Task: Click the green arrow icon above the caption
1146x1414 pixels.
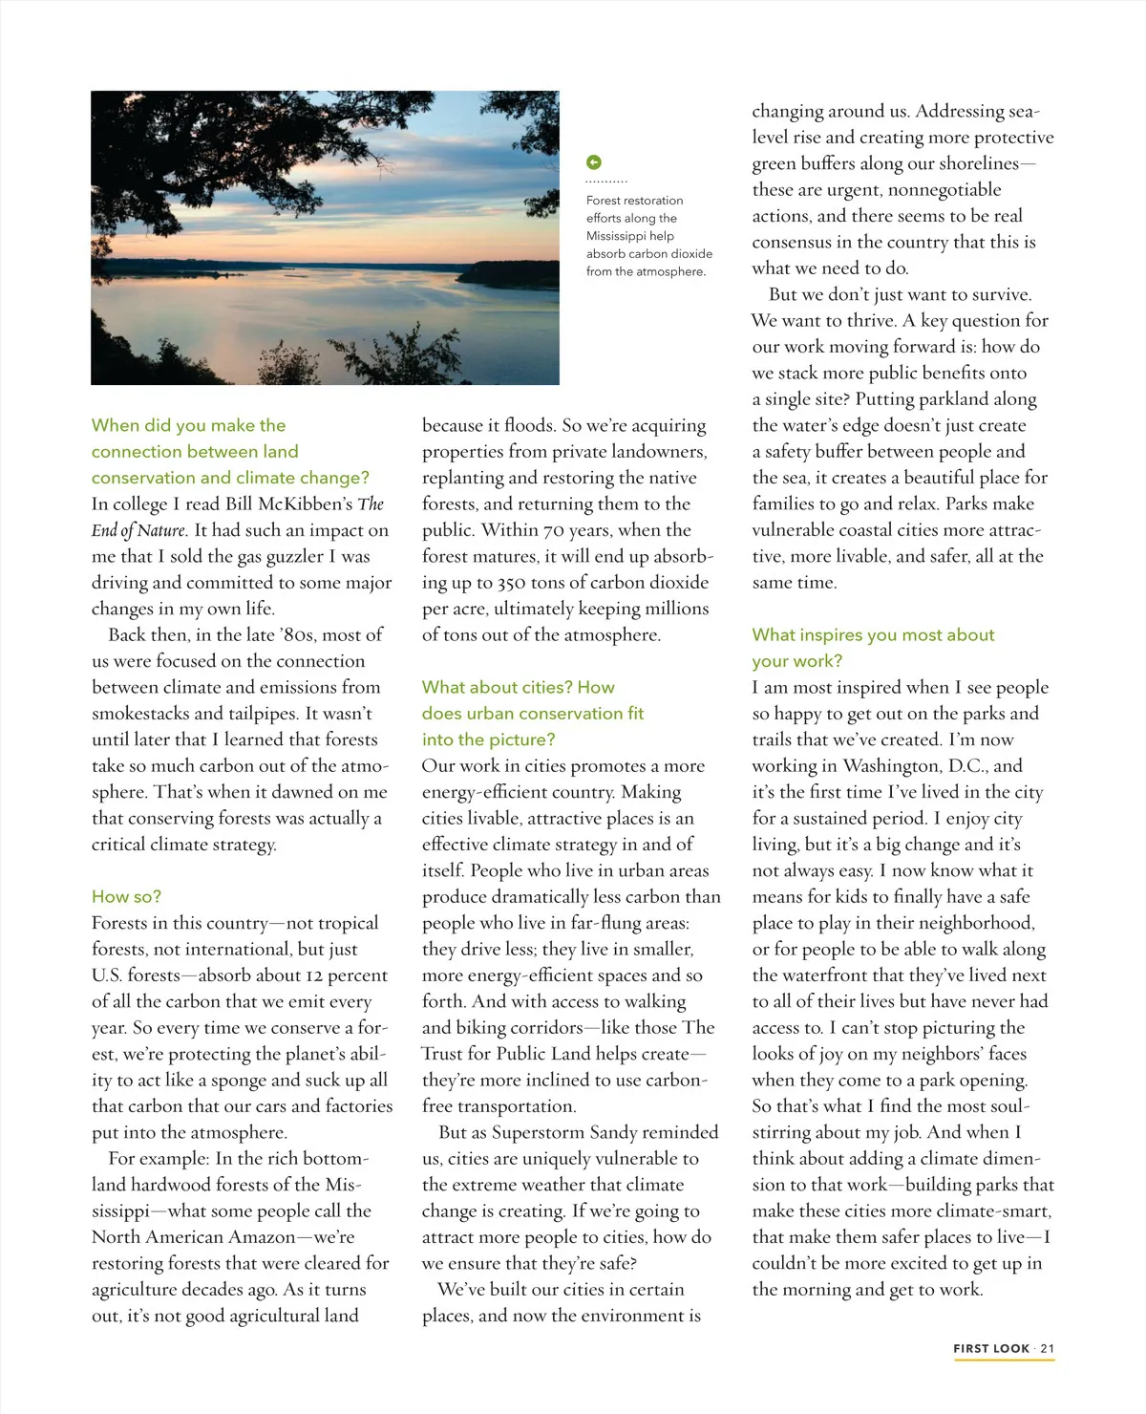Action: pyautogui.click(x=594, y=162)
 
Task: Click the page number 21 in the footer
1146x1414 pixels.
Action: pyautogui.click(x=1048, y=1348)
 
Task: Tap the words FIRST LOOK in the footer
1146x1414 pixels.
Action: pyautogui.click(x=991, y=1348)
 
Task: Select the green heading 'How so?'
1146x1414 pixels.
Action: pyautogui.click(x=126, y=896)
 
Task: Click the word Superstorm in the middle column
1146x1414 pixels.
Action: pyautogui.click(x=529, y=1132)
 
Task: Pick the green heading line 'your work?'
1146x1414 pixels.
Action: pyautogui.click(x=797, y=661)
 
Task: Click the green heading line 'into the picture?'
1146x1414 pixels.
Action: pyautogui.click(x=488, y=739)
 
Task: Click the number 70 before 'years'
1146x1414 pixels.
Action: pyautogui.click(x=554, y=530)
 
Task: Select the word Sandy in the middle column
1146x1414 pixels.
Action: pyautogui.click(x=614, y=1132)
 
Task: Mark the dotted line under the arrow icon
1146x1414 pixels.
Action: pyautogui.click(x=606, y=181)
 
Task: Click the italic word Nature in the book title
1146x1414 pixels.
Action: pyautogui.click(x=160, y=530)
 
